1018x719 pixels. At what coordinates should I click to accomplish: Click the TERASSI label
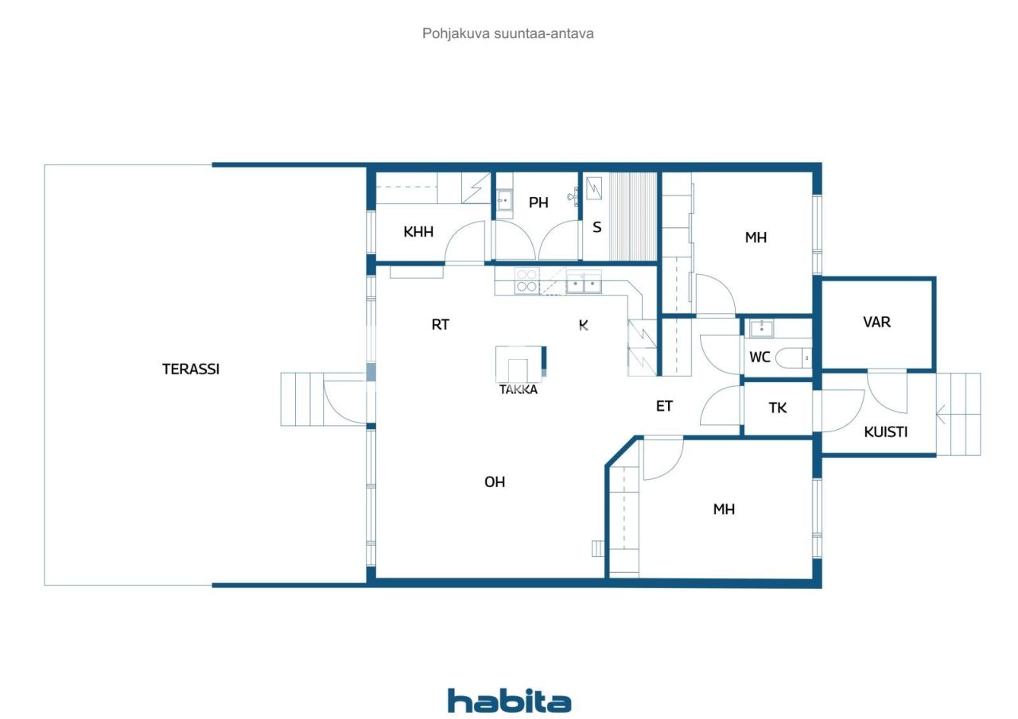coord(191,369)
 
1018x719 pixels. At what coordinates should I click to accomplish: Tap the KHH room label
coord(418,232)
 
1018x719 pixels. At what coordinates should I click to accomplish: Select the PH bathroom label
coord(538,203)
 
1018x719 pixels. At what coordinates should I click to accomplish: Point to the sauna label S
coord(596,226)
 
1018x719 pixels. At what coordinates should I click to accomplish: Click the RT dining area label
coord(441,324)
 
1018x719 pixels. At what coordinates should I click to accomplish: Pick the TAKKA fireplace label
coord(519,389)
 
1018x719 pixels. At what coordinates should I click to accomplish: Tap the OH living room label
coord(495,481)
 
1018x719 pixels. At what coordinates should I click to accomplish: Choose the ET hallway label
coord(664,406)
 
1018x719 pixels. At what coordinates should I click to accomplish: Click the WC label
coord(760,358)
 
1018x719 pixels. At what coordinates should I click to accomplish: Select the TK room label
coord(778,408)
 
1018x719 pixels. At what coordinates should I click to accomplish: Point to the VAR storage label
coord(876,322)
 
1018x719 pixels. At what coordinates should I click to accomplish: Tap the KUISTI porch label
coord(886,432)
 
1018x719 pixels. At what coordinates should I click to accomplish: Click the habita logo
coord(509,701)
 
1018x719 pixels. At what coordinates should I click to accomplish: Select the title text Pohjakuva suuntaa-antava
coord(508,34)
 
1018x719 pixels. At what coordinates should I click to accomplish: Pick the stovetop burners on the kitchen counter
coord(526,280)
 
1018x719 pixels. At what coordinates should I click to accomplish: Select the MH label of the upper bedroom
coord(756,237)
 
